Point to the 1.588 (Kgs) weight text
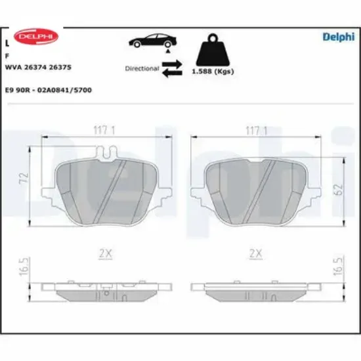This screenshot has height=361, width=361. (213, 71)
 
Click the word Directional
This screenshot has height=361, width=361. (142, 68)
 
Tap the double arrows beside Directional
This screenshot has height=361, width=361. (172, 68)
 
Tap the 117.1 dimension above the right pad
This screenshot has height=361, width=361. (255, 130)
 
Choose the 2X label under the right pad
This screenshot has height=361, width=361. (255, 253)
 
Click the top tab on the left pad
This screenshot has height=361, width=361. (105, 154)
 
